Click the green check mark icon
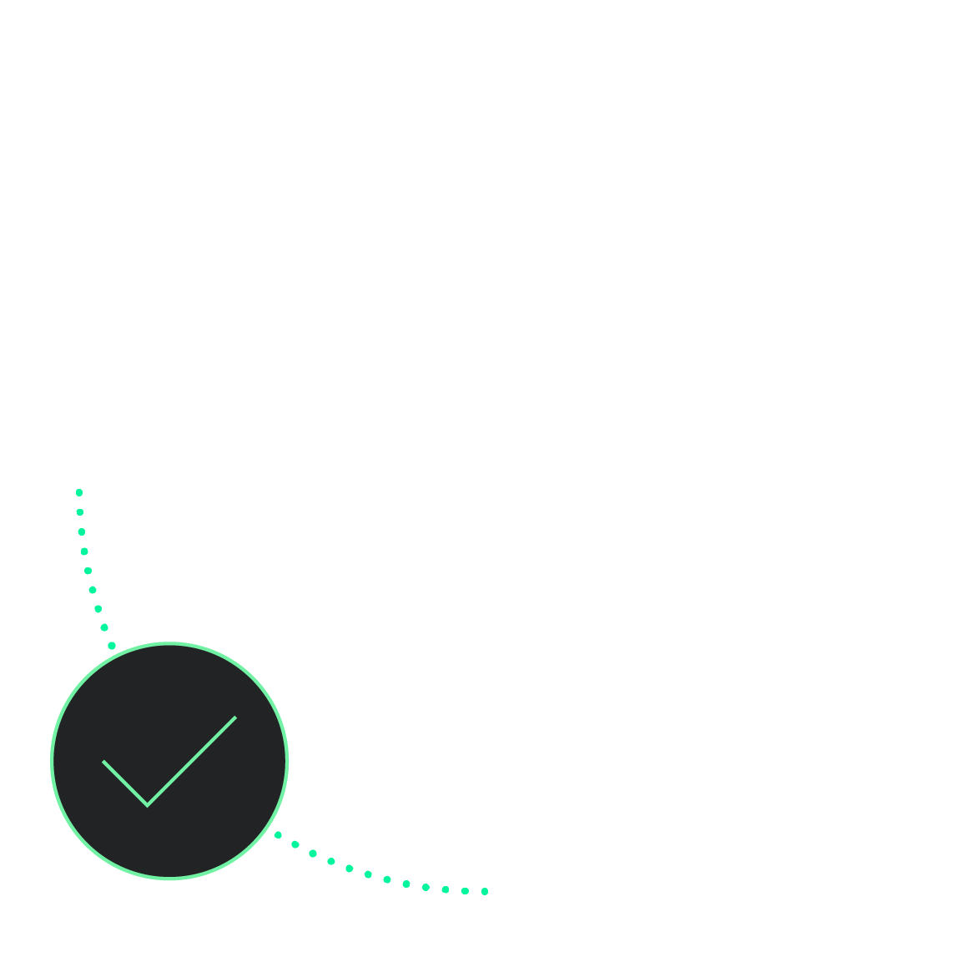click(x=169, y=760)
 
